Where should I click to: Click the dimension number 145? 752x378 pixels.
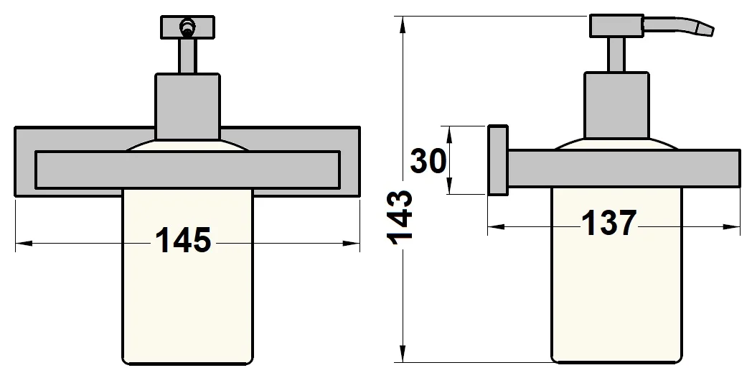click(x=184, y=241)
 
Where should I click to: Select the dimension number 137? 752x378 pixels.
click(x=609, y=224)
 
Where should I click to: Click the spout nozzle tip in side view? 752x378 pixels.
click(x=707, y=29)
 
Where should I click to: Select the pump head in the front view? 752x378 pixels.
click(x=187, y=28)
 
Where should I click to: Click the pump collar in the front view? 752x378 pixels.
click(x=188, y=106)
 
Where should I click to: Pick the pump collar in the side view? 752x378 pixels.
click(x=616, y=104)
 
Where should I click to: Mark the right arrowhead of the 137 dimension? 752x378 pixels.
click(x=735, y=228)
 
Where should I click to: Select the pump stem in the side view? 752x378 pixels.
click(x=616, y=54)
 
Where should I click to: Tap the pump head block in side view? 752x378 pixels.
click(x=616, y=26)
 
